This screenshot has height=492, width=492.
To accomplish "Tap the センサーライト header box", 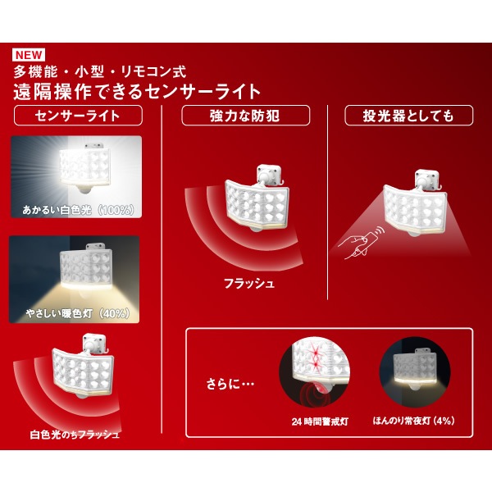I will coord(78,116).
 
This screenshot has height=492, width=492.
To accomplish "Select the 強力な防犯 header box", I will coord(246,116).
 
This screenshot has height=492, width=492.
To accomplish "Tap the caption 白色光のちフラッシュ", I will coord(75,434).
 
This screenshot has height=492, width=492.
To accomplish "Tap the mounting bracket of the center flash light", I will coord(269,174).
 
